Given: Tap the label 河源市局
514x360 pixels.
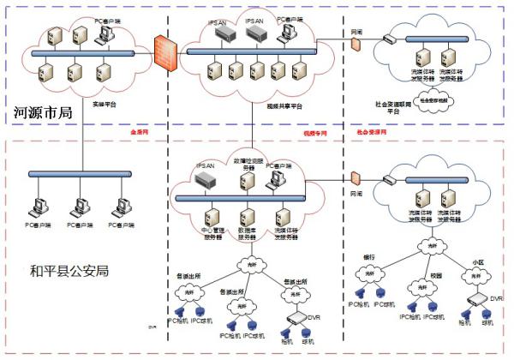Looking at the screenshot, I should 42,111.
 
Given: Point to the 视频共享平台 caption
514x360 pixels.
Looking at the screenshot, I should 284,107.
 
